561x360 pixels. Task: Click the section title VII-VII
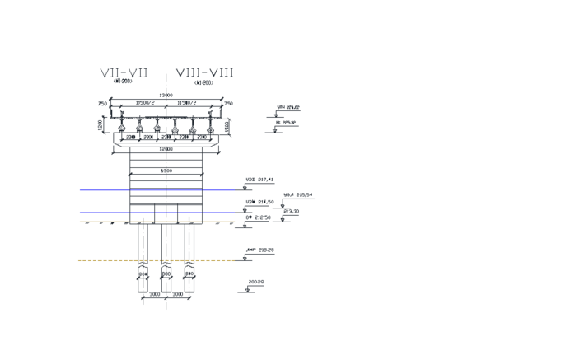[124, 73]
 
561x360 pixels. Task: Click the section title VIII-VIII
[203, 73]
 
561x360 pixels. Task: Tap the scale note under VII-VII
[123, 82]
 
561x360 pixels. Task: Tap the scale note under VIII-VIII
[203, 82]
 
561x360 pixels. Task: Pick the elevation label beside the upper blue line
[260, 180]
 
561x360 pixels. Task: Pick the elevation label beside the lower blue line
[260, 202]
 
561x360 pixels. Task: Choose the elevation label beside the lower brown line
[261, 251]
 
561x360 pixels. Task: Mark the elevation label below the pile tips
[256, 283]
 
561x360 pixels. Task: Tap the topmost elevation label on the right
[288, 108]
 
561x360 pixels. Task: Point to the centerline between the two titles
[166, 82]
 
